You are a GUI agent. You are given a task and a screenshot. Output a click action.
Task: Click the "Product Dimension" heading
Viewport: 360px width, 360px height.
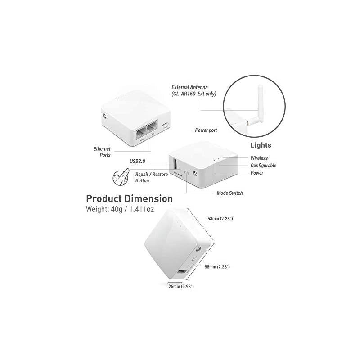click(x=129, y=198)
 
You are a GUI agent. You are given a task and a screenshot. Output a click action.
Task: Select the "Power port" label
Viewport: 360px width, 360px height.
click(x=206, y=130)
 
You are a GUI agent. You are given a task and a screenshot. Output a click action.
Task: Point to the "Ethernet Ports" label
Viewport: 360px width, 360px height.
click(x=102, y=152)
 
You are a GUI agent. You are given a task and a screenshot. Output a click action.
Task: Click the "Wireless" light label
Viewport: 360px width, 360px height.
click(x=259, y=158)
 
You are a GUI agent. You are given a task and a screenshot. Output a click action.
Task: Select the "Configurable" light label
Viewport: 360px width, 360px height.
click(x=263, y=166)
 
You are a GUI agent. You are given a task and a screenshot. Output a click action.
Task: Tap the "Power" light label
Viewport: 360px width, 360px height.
click(x=257, y=173)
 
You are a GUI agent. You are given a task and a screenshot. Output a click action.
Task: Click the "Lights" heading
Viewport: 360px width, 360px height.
click(x=261, y=146)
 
